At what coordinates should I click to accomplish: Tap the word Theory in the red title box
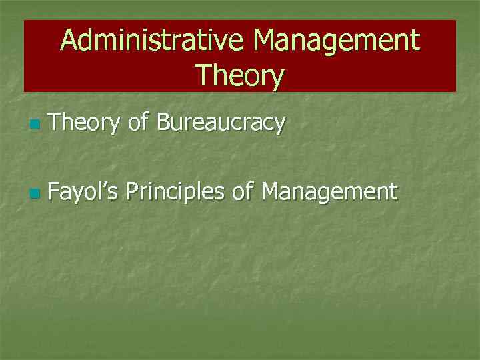tap(240, 75)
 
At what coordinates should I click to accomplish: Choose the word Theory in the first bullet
tap(84, 123)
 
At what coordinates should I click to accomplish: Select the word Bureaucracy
tap(221, 123)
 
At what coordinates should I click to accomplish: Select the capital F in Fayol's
tap(55, 192)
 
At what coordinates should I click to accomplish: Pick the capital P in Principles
tap(132, 192)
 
